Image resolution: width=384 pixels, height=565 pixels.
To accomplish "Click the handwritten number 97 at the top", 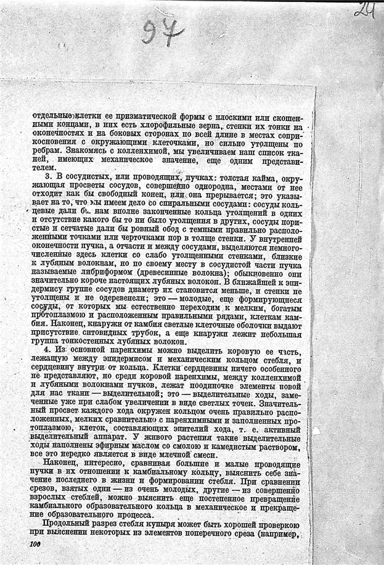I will point(161,30).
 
